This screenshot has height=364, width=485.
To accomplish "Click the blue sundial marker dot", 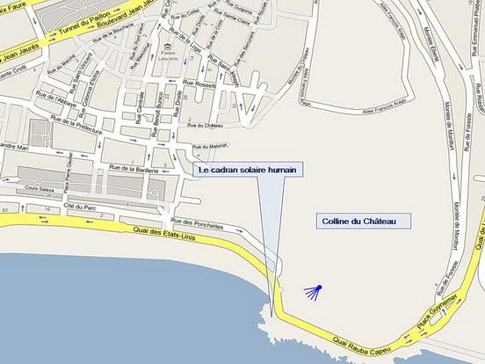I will (x=320, y=288).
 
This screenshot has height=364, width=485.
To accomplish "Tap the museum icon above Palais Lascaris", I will (x=167, y=44).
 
